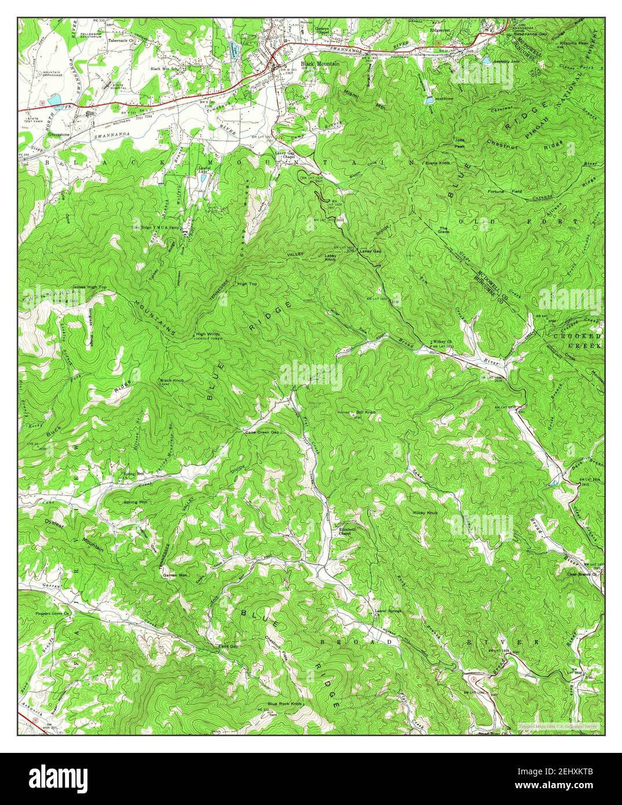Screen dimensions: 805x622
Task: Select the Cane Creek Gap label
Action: (262, 432)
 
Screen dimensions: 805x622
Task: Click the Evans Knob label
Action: (437, 163)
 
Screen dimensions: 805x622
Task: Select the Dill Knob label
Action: (367, 412)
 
